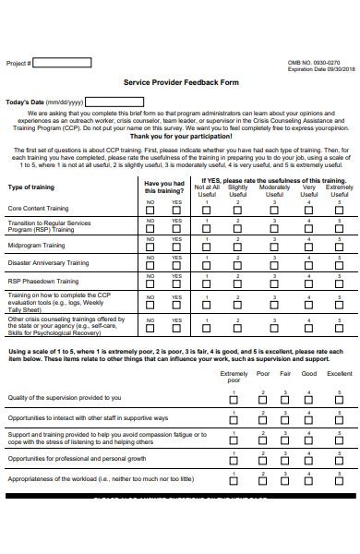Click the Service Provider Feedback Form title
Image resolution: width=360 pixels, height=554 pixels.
pos(179,82)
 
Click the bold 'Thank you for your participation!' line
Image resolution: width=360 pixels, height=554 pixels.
pos(179,136)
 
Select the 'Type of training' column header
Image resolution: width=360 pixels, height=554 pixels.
pos(31,187)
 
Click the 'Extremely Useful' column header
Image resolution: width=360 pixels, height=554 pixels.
pos(339,191)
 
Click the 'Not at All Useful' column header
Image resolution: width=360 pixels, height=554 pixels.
pos(208,191)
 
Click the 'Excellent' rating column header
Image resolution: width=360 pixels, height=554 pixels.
pos(339,374)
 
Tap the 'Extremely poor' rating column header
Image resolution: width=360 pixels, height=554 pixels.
pos(234,377)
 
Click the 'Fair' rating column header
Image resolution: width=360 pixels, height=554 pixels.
pos(285,374)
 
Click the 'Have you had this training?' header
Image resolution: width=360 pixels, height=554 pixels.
pos(164,187)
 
